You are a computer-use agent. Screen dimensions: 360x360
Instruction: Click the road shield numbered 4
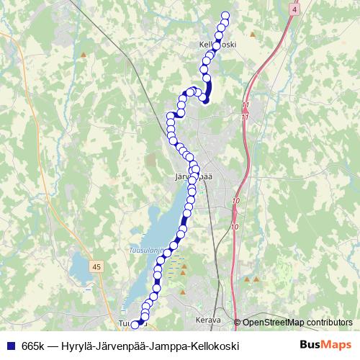click(x=294, y=9)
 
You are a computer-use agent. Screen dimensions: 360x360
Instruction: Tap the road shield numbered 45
click(x=96, y=266)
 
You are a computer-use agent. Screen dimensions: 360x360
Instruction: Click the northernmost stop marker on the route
click(x=225, y=16)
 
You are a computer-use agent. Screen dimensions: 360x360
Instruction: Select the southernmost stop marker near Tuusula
click(x=135, y=325)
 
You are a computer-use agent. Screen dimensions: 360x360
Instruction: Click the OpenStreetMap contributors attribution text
click(x=297, y=322)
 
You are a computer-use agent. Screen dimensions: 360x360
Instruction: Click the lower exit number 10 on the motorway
click(x=235, y=227)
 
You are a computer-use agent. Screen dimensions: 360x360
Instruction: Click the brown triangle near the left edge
click(x=84, y=54)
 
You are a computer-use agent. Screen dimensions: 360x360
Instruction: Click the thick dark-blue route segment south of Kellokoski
click(x=208, y=90)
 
